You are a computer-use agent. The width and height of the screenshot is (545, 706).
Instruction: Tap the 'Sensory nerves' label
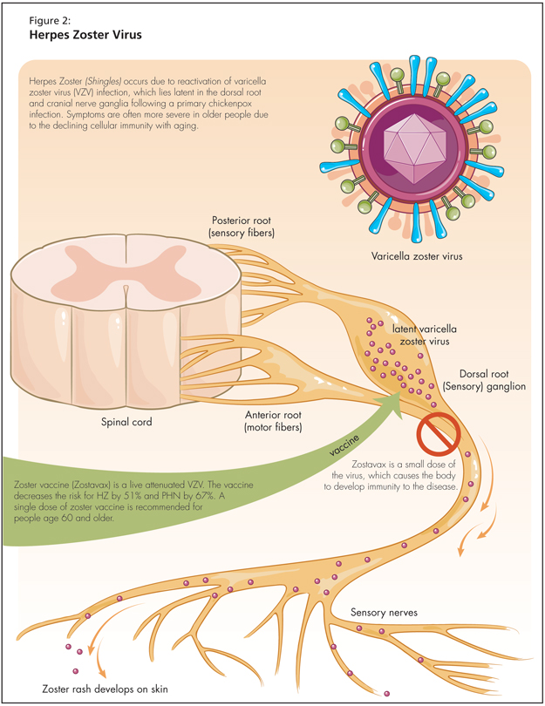coord(385,613)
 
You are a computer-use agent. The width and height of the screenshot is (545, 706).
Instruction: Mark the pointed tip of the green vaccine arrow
coord(399,390)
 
